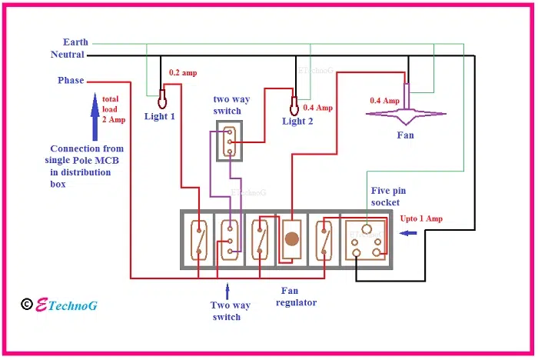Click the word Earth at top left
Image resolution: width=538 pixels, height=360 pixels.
(x=76, y=42)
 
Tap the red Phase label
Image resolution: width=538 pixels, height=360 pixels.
(x=71, y=80)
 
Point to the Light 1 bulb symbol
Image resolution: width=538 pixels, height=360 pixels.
(x=162, y=99)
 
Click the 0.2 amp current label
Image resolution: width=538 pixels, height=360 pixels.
(x=183, y=73)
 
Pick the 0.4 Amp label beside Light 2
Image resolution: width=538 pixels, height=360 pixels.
(x=318, y=108)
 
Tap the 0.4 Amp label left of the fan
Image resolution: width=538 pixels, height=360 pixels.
(x=384, y=101)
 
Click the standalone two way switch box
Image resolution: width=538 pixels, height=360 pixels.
(x=228, y=141)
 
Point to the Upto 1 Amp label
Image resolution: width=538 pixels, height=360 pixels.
(x=422, y=218)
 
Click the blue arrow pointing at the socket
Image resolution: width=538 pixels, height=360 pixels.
(x=409, y=232)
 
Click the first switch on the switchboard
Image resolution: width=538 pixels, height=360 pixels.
(x=198, y=239)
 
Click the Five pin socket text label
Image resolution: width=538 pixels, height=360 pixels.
(x=384, y=197)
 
